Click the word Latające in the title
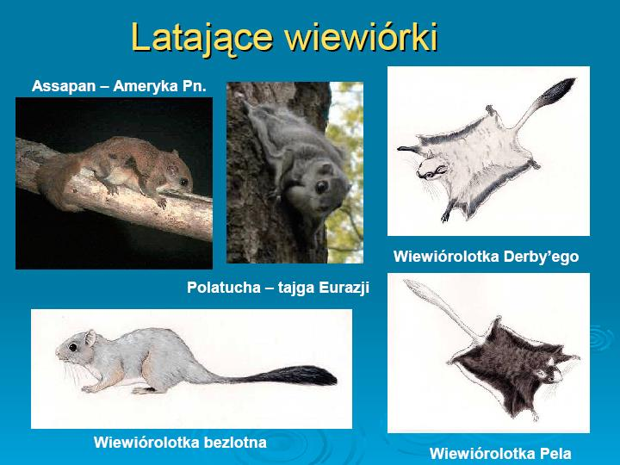click(201, 39)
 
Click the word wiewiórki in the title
click(362, 37)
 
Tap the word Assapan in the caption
click(64, 87)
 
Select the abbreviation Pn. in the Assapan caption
click(194, 86)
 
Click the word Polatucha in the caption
click(223, 287)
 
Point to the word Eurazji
click(344, 288)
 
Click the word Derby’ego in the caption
click(541, 257)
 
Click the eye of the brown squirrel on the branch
click(184, 182)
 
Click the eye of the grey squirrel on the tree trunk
click(321, 187)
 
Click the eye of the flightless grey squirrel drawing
click(72, 348)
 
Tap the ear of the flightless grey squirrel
click(90, 338)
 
